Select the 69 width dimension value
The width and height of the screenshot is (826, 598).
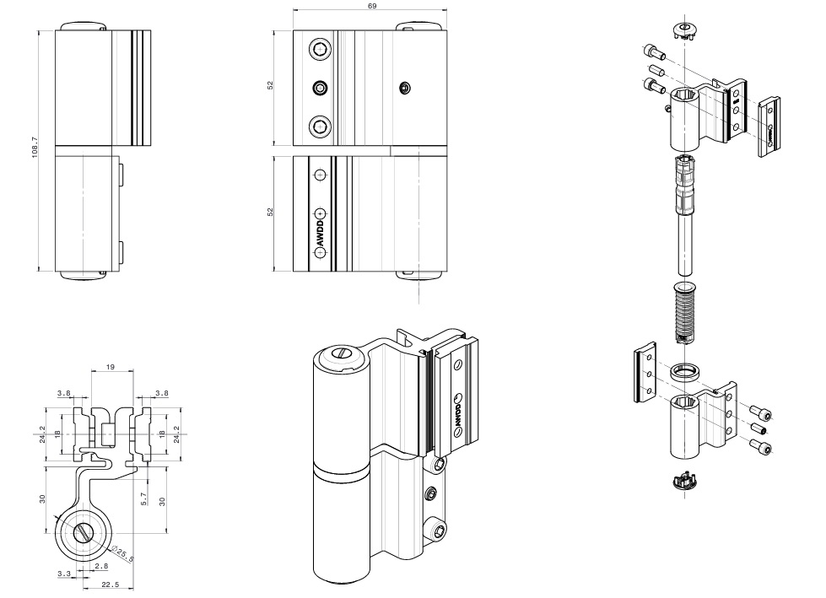click(x=372, y=6)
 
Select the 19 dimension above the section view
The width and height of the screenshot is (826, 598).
click(x=111, y=368)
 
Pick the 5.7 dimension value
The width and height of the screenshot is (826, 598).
click(x=145, y=498)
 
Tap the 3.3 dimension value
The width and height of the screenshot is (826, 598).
click(x=64, y=574)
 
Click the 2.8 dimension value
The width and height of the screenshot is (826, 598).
click(x=101, y=565)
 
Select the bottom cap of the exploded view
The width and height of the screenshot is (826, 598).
click(x=683, y=482)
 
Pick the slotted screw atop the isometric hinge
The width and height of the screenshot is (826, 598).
click(x=342, y=355)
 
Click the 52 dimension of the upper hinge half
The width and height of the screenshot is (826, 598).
click(x=271, y=86)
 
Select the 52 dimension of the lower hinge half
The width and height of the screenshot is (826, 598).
click(x=271, y=212)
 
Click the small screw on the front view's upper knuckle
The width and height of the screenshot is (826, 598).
click(x=405, y=87)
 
